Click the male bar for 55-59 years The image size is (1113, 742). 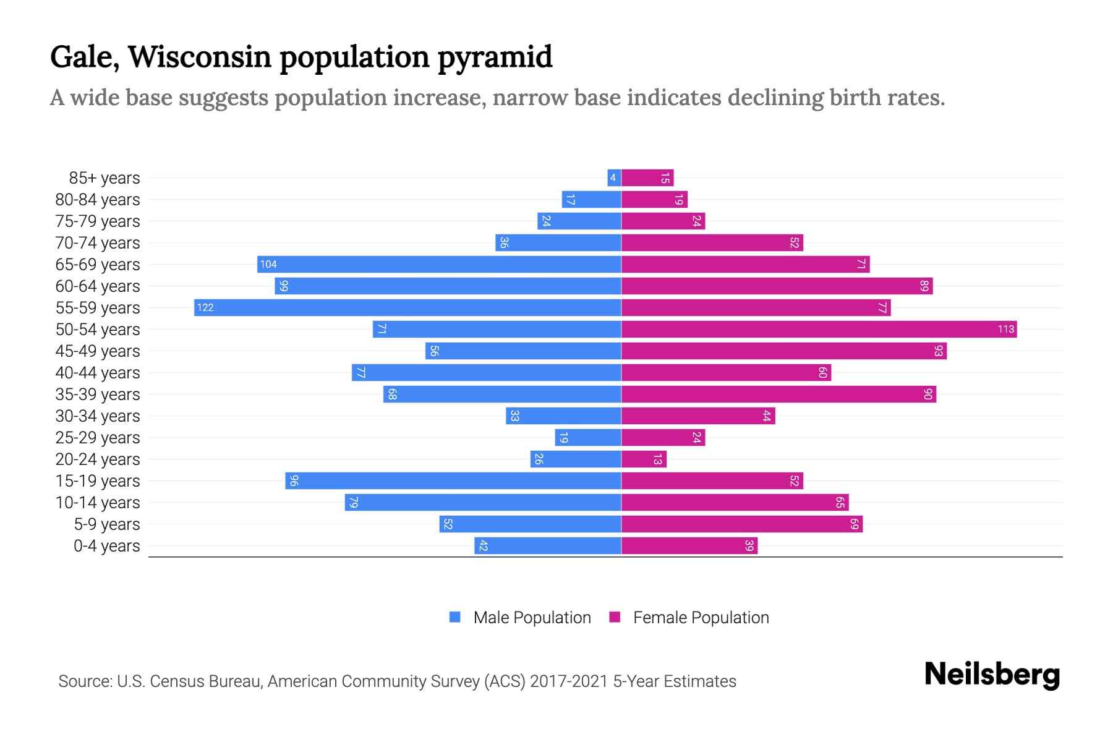click(408, 307)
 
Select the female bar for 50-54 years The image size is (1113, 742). click(819, 329)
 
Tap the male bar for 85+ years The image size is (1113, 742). click(614, 178)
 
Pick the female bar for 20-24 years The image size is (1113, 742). click(644, 459)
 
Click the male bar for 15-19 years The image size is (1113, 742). click(453, 481)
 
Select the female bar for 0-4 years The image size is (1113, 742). click(689, 546)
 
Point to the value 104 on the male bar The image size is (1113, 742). click(268, 265)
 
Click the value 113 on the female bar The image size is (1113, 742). click(1005, 329)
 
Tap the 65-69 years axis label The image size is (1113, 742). click(98, 265)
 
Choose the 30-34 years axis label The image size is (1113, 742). click(98, 416)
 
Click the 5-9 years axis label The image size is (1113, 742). click(106, 524)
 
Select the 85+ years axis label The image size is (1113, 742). click(104, 178)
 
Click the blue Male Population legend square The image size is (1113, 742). click(455, 617)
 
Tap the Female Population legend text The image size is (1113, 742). click(701, 617)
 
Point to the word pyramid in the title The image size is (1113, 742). click(495, 57)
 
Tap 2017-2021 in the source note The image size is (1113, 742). click(569, 681)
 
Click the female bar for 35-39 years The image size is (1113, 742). click(778, 394)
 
